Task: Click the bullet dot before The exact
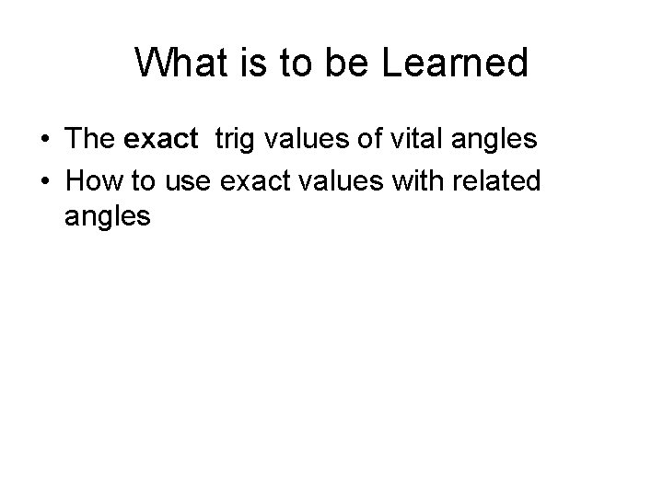click(45, 141)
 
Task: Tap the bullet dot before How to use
click(45, 180)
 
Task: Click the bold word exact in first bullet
click(160, 140)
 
